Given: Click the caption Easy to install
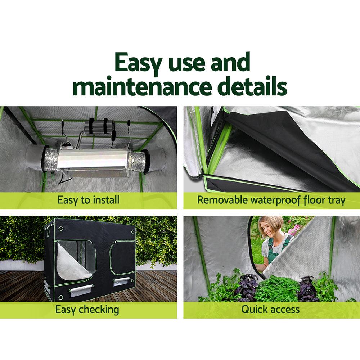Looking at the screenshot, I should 88,200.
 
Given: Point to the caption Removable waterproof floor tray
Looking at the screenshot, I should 271,200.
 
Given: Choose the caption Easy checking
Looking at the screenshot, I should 87,309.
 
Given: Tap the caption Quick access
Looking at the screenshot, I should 270,309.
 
